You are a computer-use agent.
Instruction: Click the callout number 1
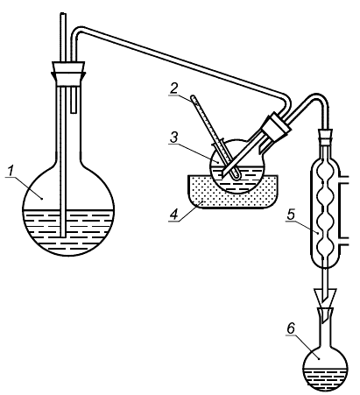click(x=11, y=171)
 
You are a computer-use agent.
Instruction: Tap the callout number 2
click(x=174, y=88)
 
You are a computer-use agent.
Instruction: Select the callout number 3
click(x=174, y=138)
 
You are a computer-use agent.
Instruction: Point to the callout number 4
click(x=174, y=215)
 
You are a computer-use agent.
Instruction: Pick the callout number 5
click(x=291, y=215)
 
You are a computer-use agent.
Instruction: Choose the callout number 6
click(x=291, y=329)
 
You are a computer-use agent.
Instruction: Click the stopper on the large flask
click(x=68, y=74)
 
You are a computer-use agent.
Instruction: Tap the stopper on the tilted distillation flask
click(x=276, y=126)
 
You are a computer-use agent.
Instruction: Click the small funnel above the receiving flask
click(x=325, y=295)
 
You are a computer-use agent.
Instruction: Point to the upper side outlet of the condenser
click(x=344, y=180)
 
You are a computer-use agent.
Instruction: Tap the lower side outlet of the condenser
click(x=344, y=241)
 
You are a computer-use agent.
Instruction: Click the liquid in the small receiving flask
click(x=325, y=378)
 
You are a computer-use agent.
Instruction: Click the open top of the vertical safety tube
click(x=63, y=13)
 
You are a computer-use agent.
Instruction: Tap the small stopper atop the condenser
click(x=326, y=136)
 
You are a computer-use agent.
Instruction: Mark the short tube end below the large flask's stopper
click(x=74, y=111)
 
